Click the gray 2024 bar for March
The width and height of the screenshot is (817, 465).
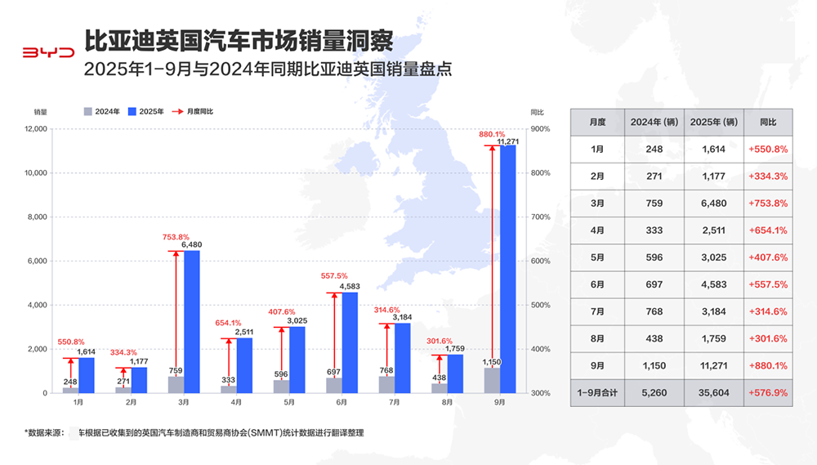pyautogui.click(x=176, y=384)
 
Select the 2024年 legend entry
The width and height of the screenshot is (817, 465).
pyautogui.click(x=102, y=110)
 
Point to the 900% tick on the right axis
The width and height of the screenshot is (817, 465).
pyautogui.click(x=540, y=129)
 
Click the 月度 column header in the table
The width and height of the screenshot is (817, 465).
pyautogui.click(x=597, y=122)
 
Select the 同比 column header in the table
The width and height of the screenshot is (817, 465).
pyautogui.click(x=767, y=122)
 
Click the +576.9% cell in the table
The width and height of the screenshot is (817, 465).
pyautogui.click(x=767, y=393)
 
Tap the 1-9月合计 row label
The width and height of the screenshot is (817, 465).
pyautogui.click(x=597, y=393)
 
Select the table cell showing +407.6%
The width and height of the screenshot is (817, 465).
pyautogui.click(x=767, y=257)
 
